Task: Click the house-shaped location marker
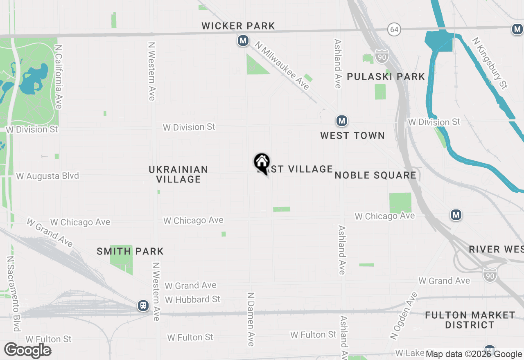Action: pyautogui.click(x=262, y=162)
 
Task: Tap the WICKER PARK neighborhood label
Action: pyautogui.click(x=238, y=26)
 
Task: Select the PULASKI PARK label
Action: pyautogui.click(x=386, y=77)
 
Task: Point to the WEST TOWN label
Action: pyautogui.click(x=352, y=135)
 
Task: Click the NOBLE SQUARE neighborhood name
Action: pyautogui.click(x=375, y=175)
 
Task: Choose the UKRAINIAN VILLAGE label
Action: pyautogui.click(x=178, y=174)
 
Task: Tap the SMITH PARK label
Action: pyautogui.click(x=130, y=251)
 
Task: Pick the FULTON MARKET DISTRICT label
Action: pyautogui.click(x=470, y=320)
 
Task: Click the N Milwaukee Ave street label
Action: pyautogui.click(x=282, y=65)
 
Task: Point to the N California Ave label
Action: pyautogui.click(x=58, y=77)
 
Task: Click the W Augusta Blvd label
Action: pyautogui.click(x=47, y=176)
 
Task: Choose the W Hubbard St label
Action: pyautogui.click(x=192, y=299)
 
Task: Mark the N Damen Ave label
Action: pyautogui.click(x=251, y=319)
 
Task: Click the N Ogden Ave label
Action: pyautogui.click(x=404, y=315)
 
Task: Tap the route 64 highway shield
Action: pyautogui.click(x=394, y=29)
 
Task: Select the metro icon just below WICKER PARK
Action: pyautogui.click(x=243, y=41)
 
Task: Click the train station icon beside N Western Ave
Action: pyautogui.click(x=143, y=305)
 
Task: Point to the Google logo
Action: pyautogui.click(x=28, y=350)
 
